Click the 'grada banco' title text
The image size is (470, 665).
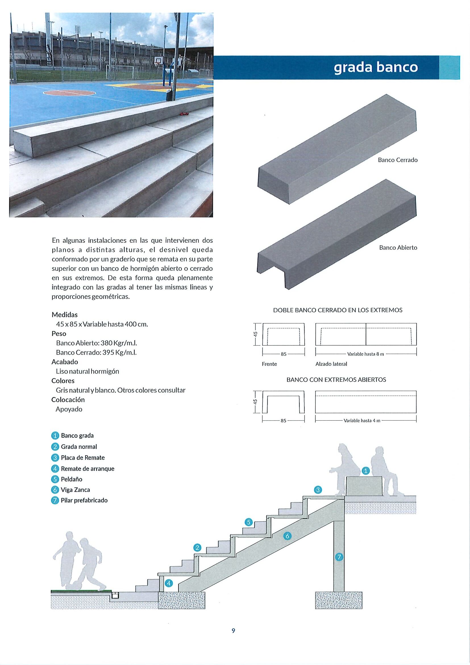376,67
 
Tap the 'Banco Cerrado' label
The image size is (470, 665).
398,160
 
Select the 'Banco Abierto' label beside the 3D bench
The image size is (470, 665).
398,248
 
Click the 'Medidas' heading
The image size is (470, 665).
65,315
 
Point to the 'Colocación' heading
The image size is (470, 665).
68,400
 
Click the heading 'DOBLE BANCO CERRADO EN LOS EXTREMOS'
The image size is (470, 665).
338,310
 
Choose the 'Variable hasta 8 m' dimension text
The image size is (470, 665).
365,354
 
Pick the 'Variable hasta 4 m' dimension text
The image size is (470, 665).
362,421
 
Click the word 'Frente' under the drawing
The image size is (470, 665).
269,364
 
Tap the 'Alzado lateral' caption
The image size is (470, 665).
331,364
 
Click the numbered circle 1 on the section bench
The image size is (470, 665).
366,471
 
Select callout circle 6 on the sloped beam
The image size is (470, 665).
287,536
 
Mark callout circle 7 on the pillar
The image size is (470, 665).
339,556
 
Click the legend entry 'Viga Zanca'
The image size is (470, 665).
75,490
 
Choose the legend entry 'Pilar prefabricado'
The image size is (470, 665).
84,500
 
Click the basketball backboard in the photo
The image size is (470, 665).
158,60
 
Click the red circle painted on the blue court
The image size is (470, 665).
70,93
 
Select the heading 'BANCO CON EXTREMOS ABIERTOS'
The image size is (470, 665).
336,380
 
